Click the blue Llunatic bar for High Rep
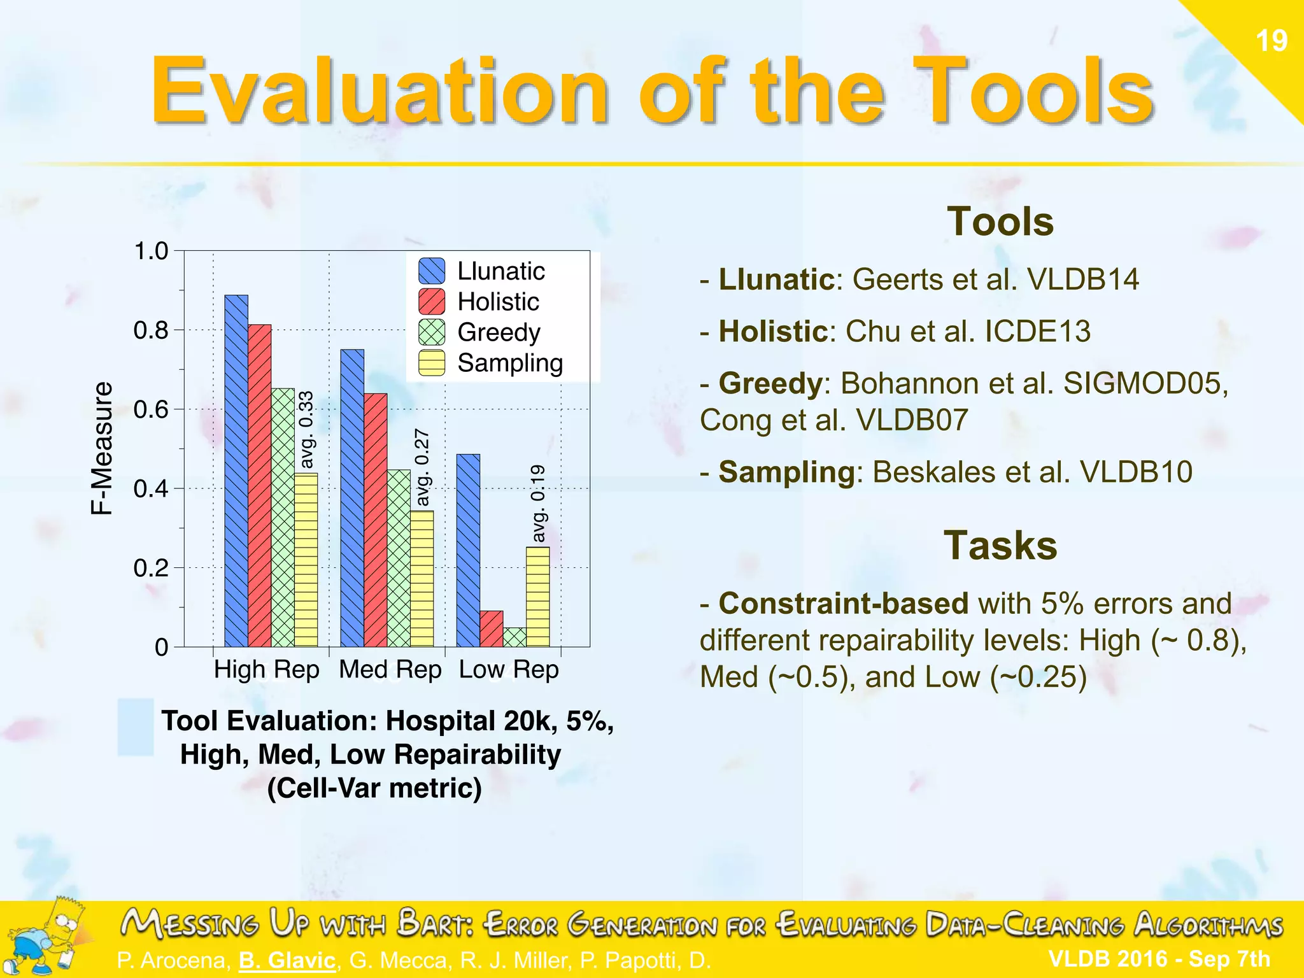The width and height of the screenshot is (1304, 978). point(236,471)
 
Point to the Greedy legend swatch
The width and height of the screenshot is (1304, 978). point(432,332)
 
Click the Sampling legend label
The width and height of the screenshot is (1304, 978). point(510,363)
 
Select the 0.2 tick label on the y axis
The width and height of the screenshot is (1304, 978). point(151,568)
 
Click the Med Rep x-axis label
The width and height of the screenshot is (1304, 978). point(390,670)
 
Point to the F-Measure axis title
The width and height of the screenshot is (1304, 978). point(101,448)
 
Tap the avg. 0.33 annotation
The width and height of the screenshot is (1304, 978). point(306,430)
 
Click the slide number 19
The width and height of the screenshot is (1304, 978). point(1271,41)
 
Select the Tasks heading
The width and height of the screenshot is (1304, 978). point(1000,546)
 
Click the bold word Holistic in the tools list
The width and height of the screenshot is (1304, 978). point(772,332)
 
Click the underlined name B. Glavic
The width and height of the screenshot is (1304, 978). point(287,960)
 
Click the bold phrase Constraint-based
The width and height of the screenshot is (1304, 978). point(843,604)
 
